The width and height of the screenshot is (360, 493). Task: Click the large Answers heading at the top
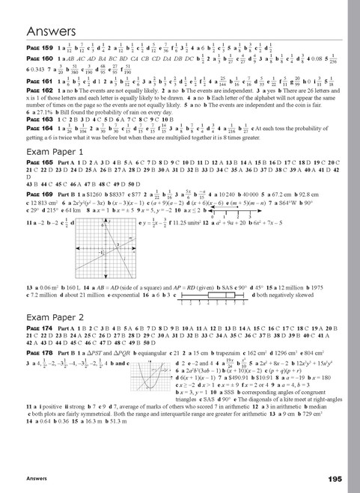coord(52,31)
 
